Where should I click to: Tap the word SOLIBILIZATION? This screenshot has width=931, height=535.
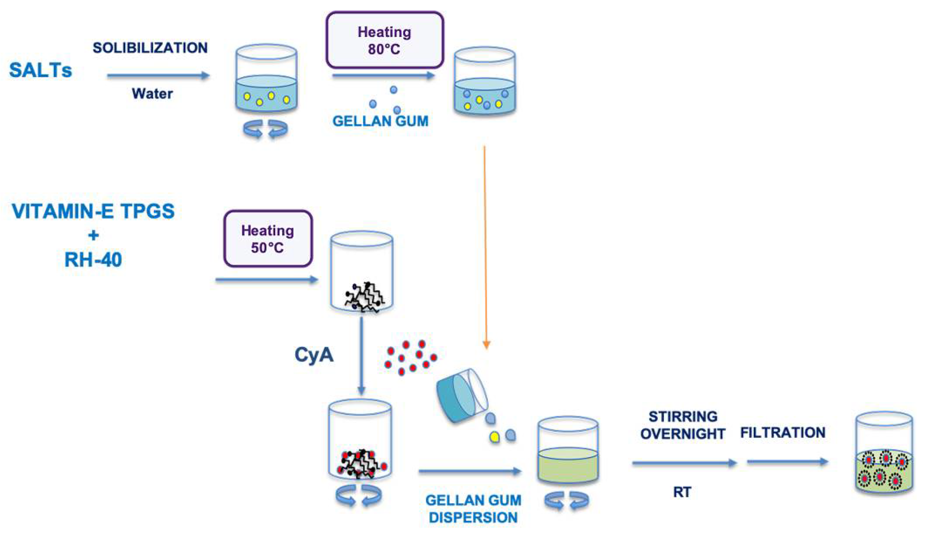150,48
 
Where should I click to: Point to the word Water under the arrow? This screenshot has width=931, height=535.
152,94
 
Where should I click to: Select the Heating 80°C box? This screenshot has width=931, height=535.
385,40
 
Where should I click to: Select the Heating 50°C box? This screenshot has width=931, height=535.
268,239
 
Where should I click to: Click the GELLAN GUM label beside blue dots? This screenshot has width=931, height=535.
380,121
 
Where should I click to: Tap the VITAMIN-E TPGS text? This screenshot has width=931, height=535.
93,211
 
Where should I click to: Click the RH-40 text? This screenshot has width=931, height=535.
93,260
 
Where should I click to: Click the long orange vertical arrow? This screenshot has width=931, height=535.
485,246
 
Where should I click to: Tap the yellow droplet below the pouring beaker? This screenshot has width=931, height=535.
495,437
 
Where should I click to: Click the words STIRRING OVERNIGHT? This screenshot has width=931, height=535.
683,425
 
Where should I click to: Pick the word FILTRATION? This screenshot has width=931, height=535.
783,432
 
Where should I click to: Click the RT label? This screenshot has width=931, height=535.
682,492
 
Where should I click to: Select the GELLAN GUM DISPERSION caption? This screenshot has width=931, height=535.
473,509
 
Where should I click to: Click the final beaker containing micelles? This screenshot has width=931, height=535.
884,453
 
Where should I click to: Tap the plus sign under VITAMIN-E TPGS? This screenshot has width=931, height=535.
93,235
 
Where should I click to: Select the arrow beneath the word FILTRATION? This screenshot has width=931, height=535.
788,461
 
